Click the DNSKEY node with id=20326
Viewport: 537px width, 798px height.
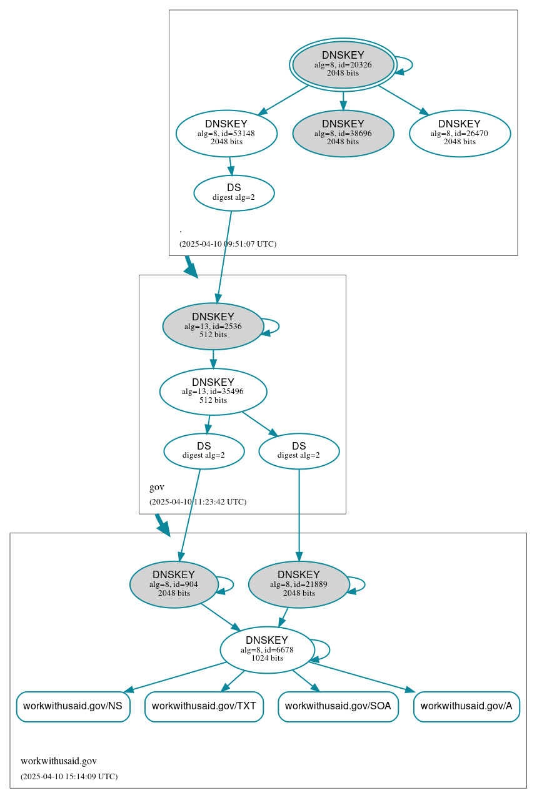343,64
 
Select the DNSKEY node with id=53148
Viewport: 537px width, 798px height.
226,133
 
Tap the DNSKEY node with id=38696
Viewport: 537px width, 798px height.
343,133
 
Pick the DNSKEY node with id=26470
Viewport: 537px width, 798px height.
459,133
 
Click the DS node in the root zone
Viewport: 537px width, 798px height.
234,193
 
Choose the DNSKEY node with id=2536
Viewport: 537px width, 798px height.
213,326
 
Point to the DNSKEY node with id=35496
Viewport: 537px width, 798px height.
213,392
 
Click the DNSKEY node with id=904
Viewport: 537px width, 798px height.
174,584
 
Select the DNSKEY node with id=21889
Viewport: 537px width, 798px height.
299,584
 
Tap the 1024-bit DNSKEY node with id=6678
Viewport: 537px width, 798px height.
266,650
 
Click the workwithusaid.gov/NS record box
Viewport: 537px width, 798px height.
73,707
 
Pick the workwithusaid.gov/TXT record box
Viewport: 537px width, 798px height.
204,707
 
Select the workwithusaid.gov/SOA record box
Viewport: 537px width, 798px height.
338,707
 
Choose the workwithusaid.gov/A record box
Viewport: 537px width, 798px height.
466,707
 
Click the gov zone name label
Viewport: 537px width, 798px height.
157,487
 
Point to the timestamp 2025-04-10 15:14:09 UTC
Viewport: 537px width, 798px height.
69,777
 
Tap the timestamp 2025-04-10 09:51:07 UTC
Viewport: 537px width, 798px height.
228,244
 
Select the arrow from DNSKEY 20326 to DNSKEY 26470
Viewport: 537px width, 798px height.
403,100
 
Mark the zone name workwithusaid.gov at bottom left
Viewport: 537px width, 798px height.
59,761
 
